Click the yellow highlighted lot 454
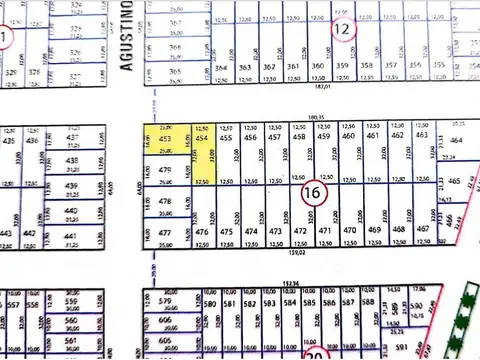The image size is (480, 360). point(202,150)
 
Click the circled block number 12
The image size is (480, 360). point(343,29)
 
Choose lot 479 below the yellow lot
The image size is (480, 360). point(167,173)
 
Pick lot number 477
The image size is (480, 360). point(166,232)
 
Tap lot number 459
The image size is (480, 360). point(325,136)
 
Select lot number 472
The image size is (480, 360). point(300,231)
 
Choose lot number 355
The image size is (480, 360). point(439,66)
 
